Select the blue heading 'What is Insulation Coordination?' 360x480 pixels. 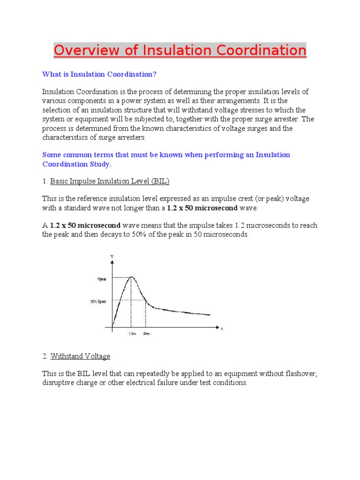99,74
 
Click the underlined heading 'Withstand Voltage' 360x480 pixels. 80,356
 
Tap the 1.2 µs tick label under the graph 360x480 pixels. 132,334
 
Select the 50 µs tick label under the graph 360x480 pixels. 146,334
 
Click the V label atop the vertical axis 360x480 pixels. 112,256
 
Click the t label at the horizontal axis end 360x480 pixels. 222,329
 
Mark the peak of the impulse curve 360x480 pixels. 131,277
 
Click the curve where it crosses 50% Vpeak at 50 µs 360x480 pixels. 145,300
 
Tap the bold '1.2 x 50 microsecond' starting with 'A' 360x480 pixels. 85,225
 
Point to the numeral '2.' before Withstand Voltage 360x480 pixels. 45,356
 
